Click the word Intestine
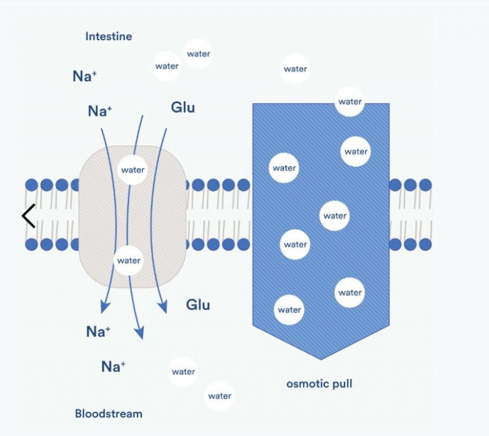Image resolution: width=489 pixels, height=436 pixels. [109, 36]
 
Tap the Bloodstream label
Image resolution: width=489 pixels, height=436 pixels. [109, 414]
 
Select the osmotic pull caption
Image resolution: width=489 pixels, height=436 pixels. [319, 384]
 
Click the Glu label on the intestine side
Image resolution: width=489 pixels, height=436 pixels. [183, 107]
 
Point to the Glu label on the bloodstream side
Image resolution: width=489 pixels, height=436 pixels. [198, 304]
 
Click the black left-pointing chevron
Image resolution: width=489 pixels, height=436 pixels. [28, 216]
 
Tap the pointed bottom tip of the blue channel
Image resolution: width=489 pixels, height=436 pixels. [321, 358]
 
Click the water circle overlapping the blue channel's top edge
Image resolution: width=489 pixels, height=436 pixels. [350, 102]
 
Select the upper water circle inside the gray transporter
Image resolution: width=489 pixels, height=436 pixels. [133, 170]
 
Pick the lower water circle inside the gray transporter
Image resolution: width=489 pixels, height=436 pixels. [129, 260]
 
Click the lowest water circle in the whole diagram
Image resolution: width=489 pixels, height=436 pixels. [220, 396]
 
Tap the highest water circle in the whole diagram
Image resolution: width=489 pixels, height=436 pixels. [199, 54]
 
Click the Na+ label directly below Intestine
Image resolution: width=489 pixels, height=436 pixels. [85, 76]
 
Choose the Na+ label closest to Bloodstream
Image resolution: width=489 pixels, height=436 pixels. [113, 366]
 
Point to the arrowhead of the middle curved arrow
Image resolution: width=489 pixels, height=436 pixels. [139, 332]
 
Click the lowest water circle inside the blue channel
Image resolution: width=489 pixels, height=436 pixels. [289, 310]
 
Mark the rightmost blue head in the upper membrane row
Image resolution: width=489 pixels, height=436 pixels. [425, 185]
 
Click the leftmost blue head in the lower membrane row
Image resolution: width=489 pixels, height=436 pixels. [32, 244]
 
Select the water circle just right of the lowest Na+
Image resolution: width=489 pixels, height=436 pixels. [183, 372]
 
